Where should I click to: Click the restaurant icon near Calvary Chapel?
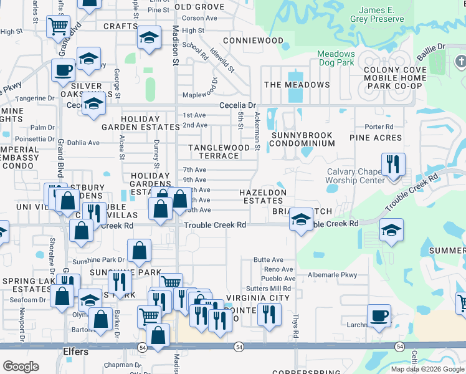point(393,165)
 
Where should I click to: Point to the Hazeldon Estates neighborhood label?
point(264,196)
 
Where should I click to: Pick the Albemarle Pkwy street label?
point(331,274)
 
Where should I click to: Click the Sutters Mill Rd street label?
point(269,289)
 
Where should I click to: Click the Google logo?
point(21,367)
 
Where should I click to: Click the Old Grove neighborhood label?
point(199,7)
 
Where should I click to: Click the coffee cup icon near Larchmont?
point(379,315)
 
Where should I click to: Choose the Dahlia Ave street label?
point(83,142)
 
